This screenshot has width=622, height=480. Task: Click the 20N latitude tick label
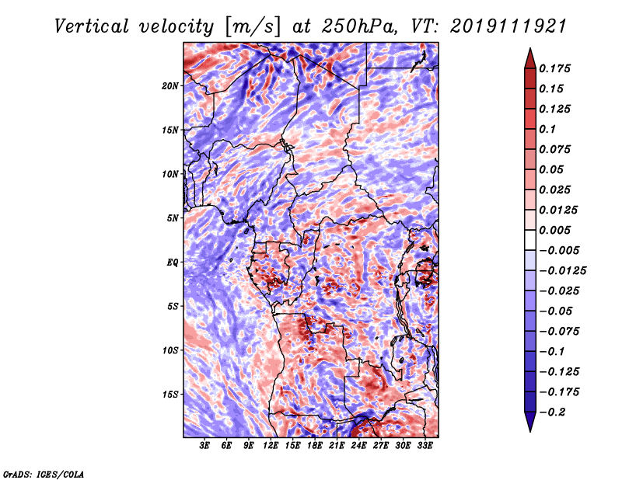click(x=170, y=86)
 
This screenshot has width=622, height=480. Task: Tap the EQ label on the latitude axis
click(x=172, y=263)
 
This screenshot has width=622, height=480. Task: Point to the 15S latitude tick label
click(x=170, y=395)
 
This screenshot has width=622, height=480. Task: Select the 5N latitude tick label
click(x=173, y=218)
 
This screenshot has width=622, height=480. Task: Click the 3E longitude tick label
click(x=204, y=446)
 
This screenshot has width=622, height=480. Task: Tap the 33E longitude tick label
click(x=425, y=446)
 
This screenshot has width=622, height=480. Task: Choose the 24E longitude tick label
click(x=358, y=446)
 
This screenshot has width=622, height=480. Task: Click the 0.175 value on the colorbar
click(x=554, y=68)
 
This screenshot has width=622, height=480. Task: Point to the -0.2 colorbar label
click(x=552, y=412)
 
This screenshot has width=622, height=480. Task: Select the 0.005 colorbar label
click(x=554, y=230)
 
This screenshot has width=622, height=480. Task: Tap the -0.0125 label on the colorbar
click(x=562, y=271)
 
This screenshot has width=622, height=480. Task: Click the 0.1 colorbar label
click(x=547, y=129)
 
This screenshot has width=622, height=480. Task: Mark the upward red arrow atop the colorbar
click(x=530, y=58)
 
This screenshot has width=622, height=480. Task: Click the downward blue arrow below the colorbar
click(x=530, y=422)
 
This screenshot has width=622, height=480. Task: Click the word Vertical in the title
click(x=91, y=26)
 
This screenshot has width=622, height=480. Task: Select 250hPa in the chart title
click(x=359, y=26)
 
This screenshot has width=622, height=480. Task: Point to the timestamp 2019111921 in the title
click(x=508, y=26)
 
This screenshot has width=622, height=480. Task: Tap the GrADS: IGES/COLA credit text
click(x=44, y=474)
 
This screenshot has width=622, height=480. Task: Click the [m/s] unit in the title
click(x=253, y=26)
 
